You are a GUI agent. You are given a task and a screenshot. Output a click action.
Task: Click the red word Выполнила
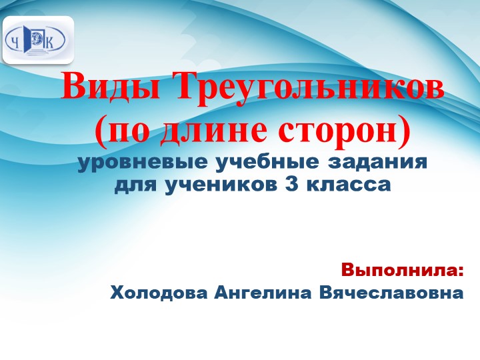click(x=402, y=271)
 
